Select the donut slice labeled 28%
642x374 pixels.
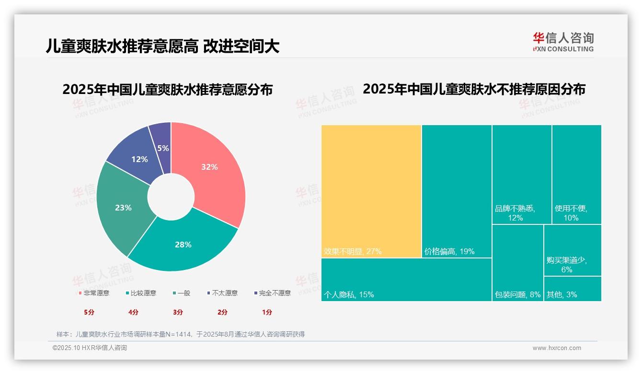(182, 245)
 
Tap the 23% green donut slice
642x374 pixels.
(123, 208)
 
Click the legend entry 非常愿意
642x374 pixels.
(94, 293)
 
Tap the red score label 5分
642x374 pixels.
(89, 312)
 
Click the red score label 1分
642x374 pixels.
(267, 312)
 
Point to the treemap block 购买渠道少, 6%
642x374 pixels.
(572, 250)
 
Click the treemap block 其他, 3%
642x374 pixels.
(572, 289)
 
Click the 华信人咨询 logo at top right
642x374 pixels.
(563, 42)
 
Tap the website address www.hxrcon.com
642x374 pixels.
(557, 348)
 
